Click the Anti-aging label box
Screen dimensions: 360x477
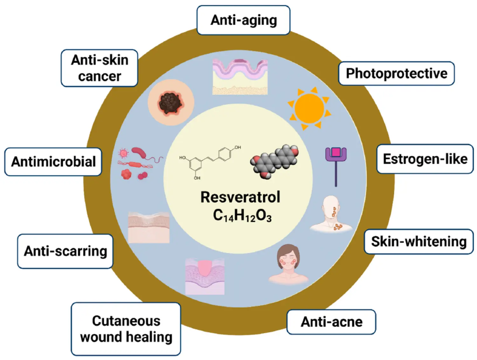point(244,20)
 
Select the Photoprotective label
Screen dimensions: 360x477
point(396,74)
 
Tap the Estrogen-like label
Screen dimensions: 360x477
point(425,159)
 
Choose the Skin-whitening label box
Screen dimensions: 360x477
point(418,242)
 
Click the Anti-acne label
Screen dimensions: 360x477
point(331,322)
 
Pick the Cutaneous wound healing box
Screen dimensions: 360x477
point(126,329)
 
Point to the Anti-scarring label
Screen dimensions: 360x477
point(65,251)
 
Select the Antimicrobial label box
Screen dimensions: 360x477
point(53,162)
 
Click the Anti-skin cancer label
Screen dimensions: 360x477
point(100,68)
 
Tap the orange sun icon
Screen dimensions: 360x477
point(309,109)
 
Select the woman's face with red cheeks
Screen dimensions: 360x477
point(288,264)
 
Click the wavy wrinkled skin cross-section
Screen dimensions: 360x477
point(240,77)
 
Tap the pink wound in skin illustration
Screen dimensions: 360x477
point(205,276)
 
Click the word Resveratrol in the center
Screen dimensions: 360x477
point(240,197)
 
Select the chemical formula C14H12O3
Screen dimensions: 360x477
point(242,215)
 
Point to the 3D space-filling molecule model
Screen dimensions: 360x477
point(275,161)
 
